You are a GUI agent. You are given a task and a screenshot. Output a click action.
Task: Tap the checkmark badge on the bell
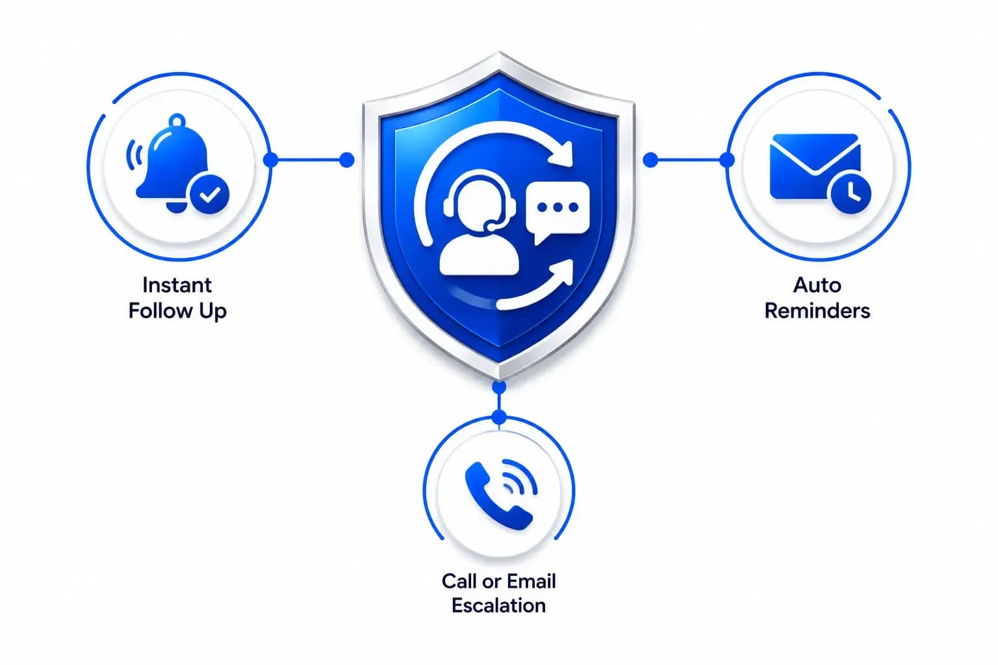point(209,195)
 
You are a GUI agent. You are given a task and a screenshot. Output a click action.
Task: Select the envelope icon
point(814,166)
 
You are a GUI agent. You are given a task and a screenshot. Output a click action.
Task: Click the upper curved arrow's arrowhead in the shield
point(562,154)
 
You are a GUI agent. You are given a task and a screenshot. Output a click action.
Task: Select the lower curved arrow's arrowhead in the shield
point(563,271)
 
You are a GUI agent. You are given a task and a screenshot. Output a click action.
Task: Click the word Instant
point(177,285)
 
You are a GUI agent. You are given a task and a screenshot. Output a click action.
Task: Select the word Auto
point(817,285)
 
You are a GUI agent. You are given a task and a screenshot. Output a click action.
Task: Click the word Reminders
point(817,310)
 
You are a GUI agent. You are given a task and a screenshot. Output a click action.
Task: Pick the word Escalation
point(498,606)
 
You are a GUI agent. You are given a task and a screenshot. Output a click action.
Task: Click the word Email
point(531,581)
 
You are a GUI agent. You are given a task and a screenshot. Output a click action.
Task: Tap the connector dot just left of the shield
point(346,160)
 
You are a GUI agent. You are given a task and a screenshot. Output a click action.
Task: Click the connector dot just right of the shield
point(650,160)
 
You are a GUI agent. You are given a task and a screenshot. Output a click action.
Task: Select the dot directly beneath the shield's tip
point(499,387)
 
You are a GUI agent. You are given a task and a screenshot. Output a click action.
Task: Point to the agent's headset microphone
point(490,226)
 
